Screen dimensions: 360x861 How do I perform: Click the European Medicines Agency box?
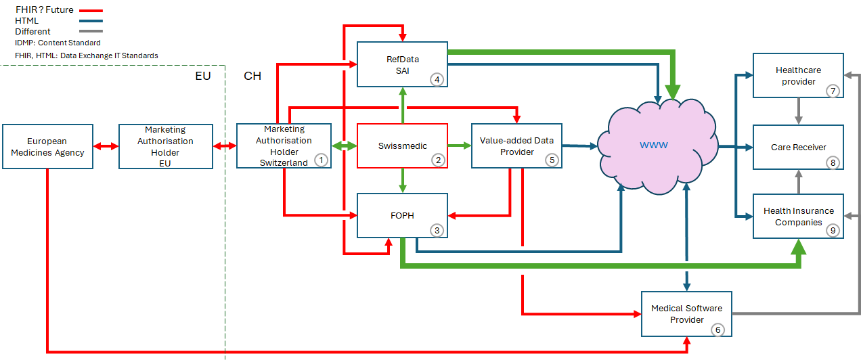point(47,146)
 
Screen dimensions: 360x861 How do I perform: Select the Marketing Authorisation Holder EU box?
point(165,146)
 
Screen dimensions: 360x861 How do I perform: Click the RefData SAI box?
point(402,64)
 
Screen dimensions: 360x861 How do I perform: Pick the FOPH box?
point(402,215)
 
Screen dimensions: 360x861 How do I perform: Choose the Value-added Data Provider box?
point(516,146)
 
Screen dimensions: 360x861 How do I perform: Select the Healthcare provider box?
point(798,75)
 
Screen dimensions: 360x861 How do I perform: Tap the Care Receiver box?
point(798,147)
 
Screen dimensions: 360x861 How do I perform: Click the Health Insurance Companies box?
point(798,216)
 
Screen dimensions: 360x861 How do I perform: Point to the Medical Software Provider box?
point(686,314)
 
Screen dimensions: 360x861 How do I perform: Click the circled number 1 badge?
point(321,160)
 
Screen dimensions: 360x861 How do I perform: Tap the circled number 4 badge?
point(437,79)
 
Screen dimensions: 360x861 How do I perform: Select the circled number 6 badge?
point(718,330)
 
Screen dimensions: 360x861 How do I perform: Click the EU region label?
point(203,76)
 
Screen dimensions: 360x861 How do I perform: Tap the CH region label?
point(252,76)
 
